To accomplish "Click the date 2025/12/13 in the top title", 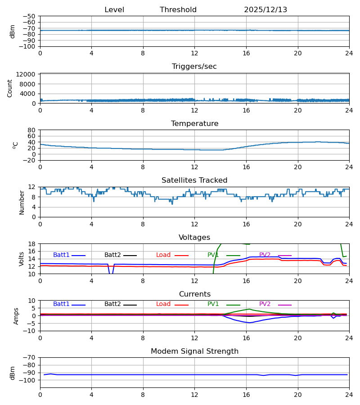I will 265,10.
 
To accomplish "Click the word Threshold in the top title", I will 178,10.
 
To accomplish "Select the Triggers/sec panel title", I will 194,67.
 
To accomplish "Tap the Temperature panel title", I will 194,124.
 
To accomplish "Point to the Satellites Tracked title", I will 194,180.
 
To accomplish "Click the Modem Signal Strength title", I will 194,351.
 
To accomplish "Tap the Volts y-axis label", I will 22,259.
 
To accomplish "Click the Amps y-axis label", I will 17,316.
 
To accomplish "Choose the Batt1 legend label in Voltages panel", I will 61,255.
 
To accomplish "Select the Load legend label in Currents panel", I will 163,304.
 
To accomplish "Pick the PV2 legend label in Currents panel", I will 265,304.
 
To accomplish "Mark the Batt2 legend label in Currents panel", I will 112,304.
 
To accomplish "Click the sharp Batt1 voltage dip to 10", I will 111,273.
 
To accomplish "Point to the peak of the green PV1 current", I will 249,309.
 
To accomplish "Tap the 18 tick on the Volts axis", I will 32,244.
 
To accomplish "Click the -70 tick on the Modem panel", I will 30,357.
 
